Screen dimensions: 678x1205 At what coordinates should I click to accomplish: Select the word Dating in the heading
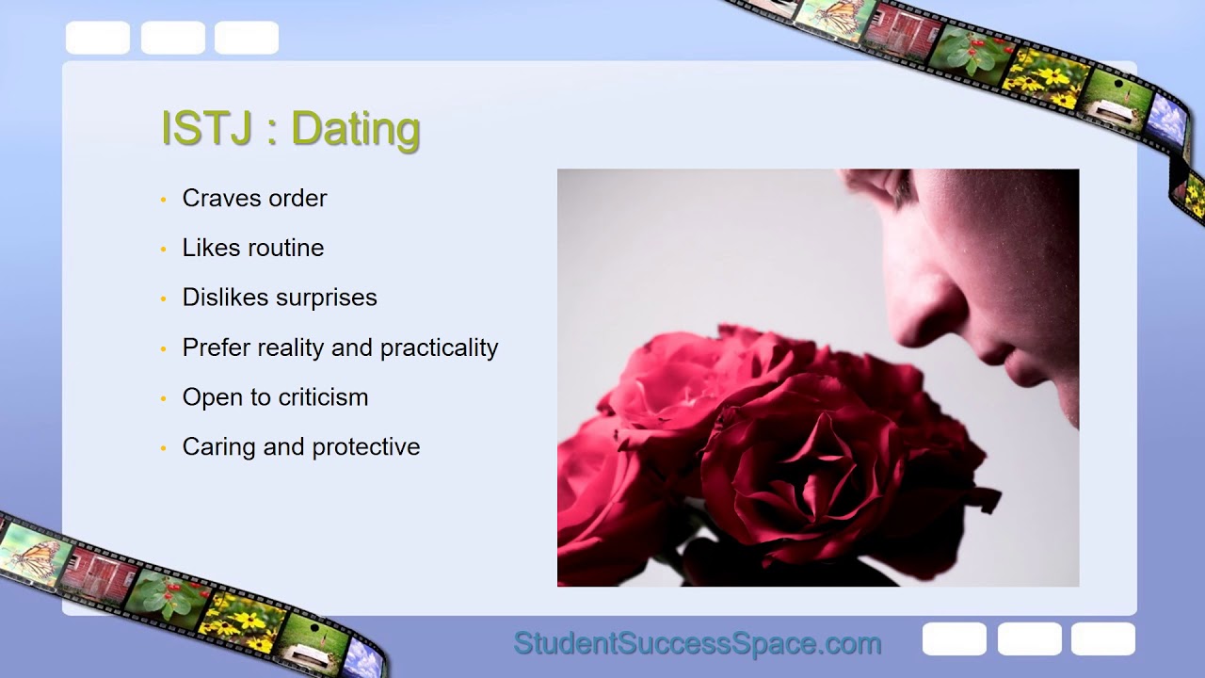(355, 129)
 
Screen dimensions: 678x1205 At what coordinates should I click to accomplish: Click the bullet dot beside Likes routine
(163, 249)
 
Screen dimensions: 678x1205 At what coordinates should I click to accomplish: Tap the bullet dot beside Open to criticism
(163, 398)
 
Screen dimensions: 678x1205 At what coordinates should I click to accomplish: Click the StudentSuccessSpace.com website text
(697, 644)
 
